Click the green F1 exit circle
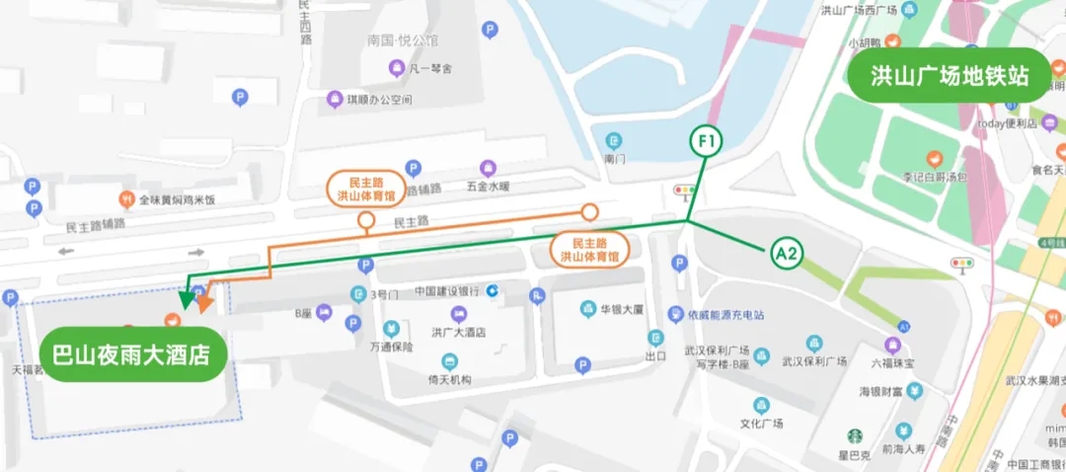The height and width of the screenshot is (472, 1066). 706,142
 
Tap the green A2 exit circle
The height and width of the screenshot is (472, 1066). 786,254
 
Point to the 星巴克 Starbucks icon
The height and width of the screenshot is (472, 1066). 854,435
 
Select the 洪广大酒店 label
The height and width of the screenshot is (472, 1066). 459,333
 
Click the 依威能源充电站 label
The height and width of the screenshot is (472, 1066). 726,315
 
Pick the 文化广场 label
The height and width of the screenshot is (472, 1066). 761,424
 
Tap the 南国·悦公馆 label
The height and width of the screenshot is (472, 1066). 402,41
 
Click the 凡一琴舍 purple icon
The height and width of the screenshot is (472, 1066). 397,68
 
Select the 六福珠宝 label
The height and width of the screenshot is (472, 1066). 892,363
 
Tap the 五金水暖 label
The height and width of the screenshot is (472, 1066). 488,185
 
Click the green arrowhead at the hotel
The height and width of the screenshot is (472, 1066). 185,298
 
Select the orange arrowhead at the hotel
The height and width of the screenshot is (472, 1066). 203,302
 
